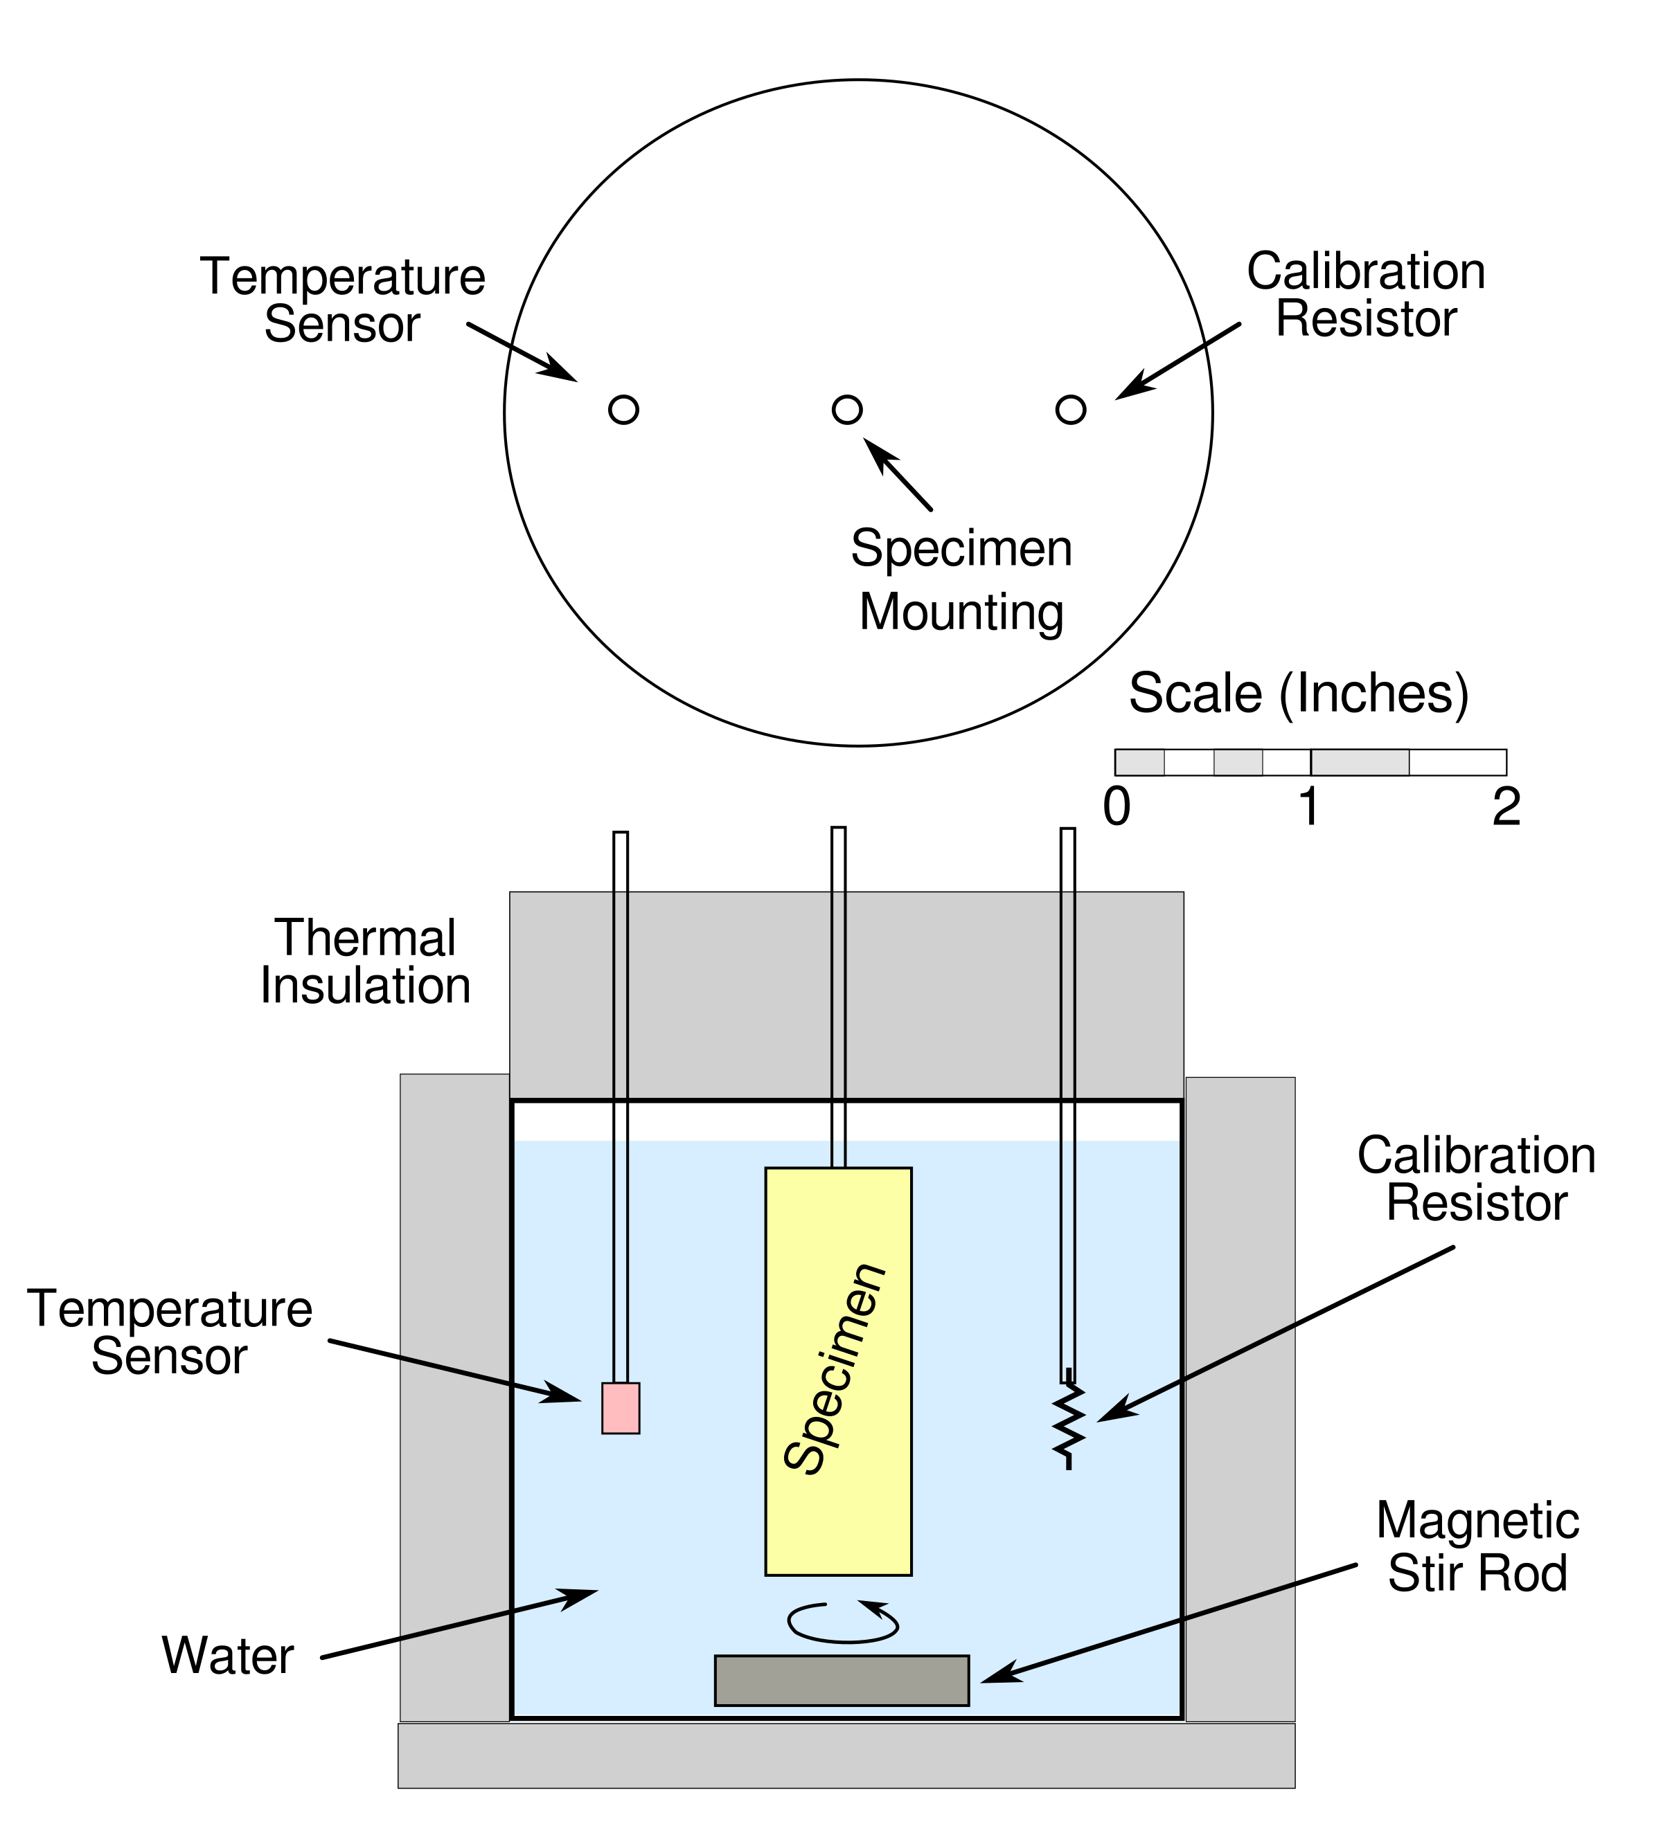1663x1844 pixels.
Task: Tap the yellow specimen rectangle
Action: coord(838,1370)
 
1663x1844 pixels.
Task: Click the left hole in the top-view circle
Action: coord(623,409)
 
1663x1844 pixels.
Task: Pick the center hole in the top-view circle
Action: coord(847,409)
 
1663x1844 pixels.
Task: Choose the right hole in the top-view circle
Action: coord(1070,409)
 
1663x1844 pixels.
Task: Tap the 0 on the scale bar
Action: coord(1117,806)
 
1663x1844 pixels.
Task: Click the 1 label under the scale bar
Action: coord(1309,806)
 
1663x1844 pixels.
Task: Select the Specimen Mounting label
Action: coord(961,579)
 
